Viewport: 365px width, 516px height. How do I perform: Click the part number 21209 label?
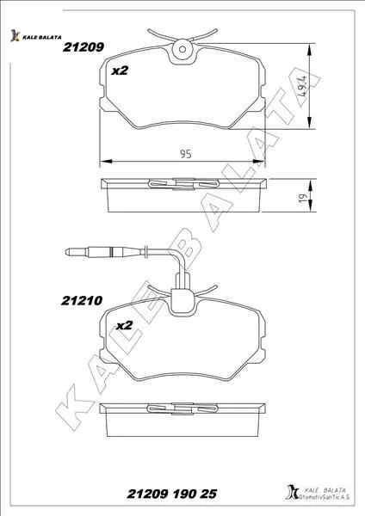[84, 47]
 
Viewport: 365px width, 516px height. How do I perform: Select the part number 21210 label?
[82, 300]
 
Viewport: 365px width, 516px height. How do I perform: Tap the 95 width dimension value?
[186, 154]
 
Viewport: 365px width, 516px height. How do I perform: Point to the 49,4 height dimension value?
[302, 85]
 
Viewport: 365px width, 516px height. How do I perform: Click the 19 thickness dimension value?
[303, 198]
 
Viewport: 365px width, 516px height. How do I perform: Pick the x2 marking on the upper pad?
[120, 71]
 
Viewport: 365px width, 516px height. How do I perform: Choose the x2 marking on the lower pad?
[124, 325]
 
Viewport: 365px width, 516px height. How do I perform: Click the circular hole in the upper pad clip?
[182, 49]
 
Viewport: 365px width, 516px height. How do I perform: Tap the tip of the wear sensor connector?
[66, 252]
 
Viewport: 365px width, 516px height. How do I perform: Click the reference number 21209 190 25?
[172, 494]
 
